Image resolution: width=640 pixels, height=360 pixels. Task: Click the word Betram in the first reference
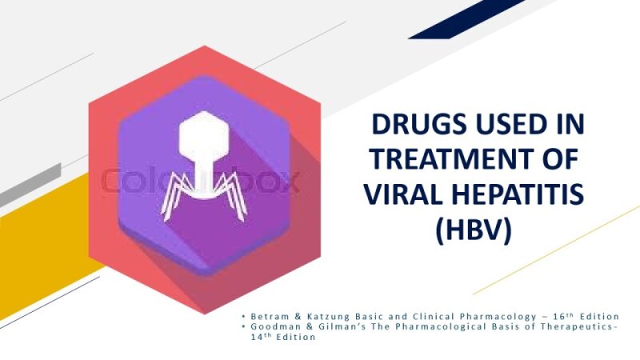tap(267, 316)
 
